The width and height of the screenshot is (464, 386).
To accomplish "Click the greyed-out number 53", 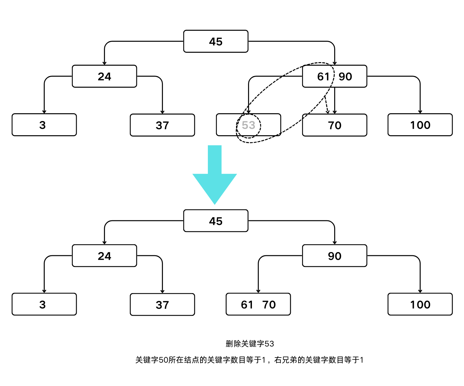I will coord(248,125).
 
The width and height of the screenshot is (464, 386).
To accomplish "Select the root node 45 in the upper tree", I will coord(216,41).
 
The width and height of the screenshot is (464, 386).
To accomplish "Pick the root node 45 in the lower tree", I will coord(216,221).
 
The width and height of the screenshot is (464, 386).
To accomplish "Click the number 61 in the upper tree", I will coord(323,77).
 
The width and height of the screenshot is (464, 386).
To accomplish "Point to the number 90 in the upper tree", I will coord(345,77).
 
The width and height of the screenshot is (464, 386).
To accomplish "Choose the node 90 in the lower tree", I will coord(334,256).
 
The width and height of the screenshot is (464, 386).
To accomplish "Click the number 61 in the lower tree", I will coord(247,304).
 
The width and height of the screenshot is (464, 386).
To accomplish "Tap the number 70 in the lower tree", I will coord(269,304).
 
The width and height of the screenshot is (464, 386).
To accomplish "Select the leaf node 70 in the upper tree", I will coord(334,125).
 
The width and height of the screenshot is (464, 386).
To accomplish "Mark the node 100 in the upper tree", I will coord(420,125).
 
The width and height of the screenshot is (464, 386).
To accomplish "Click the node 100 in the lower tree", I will coord(420,304).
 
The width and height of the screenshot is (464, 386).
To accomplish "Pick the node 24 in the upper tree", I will coord(104,77).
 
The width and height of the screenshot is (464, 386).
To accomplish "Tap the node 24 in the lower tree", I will coord(104,256).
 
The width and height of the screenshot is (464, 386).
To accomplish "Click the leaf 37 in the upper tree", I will coord(162,125).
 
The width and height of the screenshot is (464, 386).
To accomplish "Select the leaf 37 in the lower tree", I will coord(162,305).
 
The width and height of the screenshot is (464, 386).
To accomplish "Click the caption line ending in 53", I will coord(250,344).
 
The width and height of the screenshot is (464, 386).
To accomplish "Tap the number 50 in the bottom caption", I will coord(164,360).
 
